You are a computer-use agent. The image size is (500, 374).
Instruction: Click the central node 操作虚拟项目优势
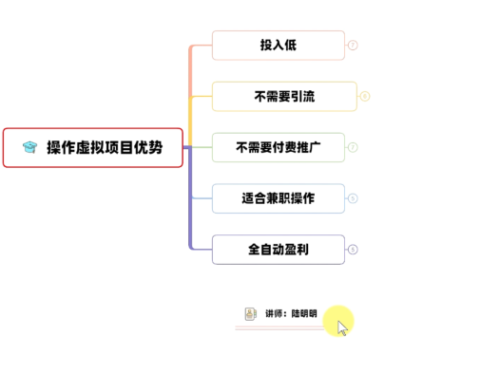93,147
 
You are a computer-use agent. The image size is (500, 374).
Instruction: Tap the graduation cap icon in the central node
29,147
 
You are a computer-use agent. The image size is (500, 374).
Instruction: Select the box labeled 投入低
278,45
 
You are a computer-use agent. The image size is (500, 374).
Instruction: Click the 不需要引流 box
284,96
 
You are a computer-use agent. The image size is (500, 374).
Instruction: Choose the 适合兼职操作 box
278,198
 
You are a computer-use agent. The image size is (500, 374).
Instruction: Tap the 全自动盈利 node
278,250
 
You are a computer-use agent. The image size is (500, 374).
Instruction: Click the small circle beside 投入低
353,45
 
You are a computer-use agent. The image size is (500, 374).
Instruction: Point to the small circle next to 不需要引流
365,96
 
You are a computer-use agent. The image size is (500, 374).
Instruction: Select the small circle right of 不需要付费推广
353,147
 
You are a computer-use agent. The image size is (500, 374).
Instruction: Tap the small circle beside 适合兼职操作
353,198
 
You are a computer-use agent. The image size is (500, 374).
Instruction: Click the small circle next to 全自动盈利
353,250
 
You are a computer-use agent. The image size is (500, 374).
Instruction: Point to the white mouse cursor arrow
342,327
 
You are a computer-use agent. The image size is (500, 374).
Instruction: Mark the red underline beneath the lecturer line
276,327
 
